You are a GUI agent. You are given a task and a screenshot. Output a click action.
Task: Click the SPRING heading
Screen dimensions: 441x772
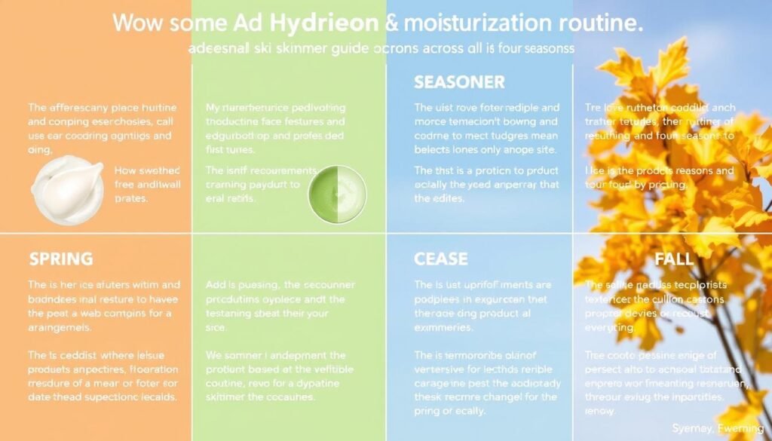coord(60,259)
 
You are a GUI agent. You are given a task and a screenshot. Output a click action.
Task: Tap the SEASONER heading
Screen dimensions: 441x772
coord(459,81)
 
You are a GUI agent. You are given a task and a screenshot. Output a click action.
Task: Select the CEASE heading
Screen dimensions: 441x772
coord(441,259)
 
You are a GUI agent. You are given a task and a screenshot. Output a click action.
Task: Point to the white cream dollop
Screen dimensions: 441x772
coord(69,188)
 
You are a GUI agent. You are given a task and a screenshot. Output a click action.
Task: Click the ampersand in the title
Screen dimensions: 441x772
coord(392,23)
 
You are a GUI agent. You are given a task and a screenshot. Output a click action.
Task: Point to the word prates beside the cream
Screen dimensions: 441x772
coord(131,200)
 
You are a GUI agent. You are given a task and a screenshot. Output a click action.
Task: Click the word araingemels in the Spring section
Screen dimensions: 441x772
coord(60,328)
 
